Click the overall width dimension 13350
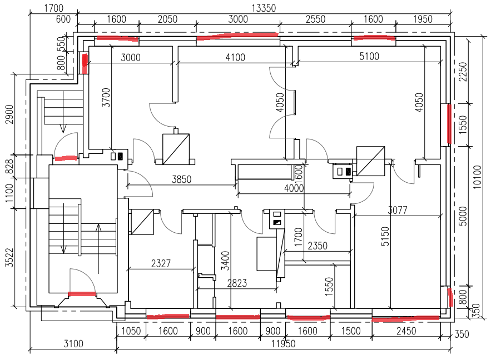(x=264, y=8)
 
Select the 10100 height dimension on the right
(x=477, y=177)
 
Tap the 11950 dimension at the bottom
(x=284, y=343)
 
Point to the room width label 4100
(x=235, y=57)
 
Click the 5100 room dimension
(x=369, y=56)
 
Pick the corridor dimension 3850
(x=182, y=179)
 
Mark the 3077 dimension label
(x=398, y=210)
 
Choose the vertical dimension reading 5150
(x=385, y=236)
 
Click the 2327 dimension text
(x=161, y=263)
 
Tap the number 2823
(x=237, y=283)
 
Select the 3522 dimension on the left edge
(x=10, y=258)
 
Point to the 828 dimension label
(x=10, y=167)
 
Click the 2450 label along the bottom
(x=406, y=331)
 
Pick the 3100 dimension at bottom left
(x=73, y=343)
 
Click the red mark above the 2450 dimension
(x=405, y=318)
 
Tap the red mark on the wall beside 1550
(x=449, y=124)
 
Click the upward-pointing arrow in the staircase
(x=98, y=248)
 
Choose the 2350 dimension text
(x=318, y=246)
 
